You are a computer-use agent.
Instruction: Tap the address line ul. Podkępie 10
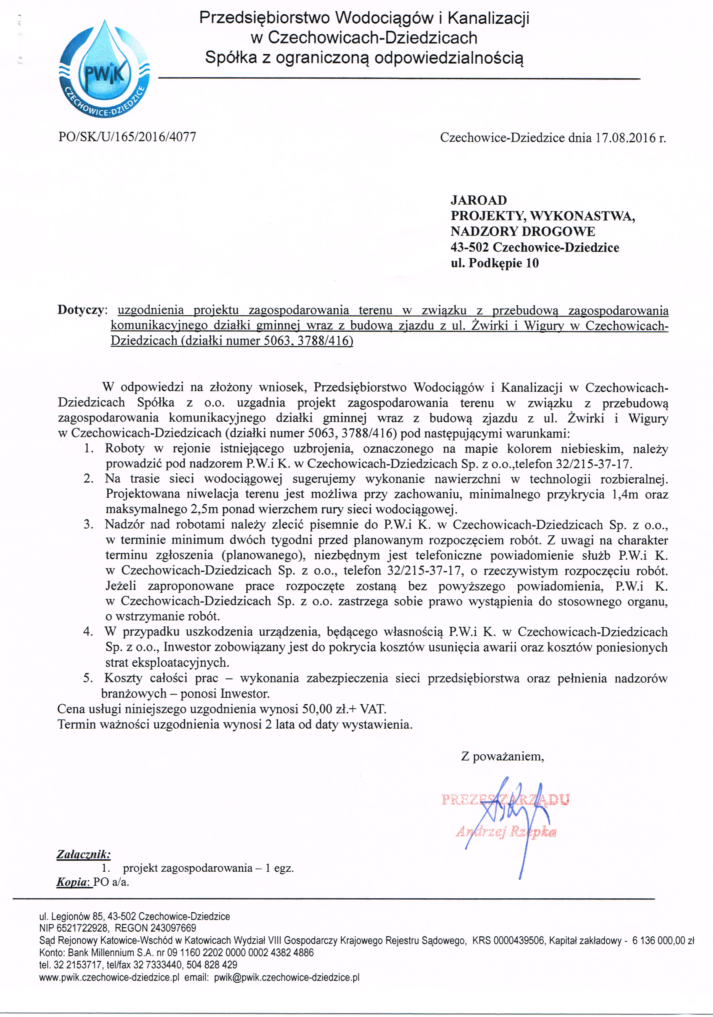495,264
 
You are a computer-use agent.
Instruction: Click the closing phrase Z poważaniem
502,756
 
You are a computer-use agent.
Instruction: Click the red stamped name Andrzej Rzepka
506,832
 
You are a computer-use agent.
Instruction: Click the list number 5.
88,678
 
